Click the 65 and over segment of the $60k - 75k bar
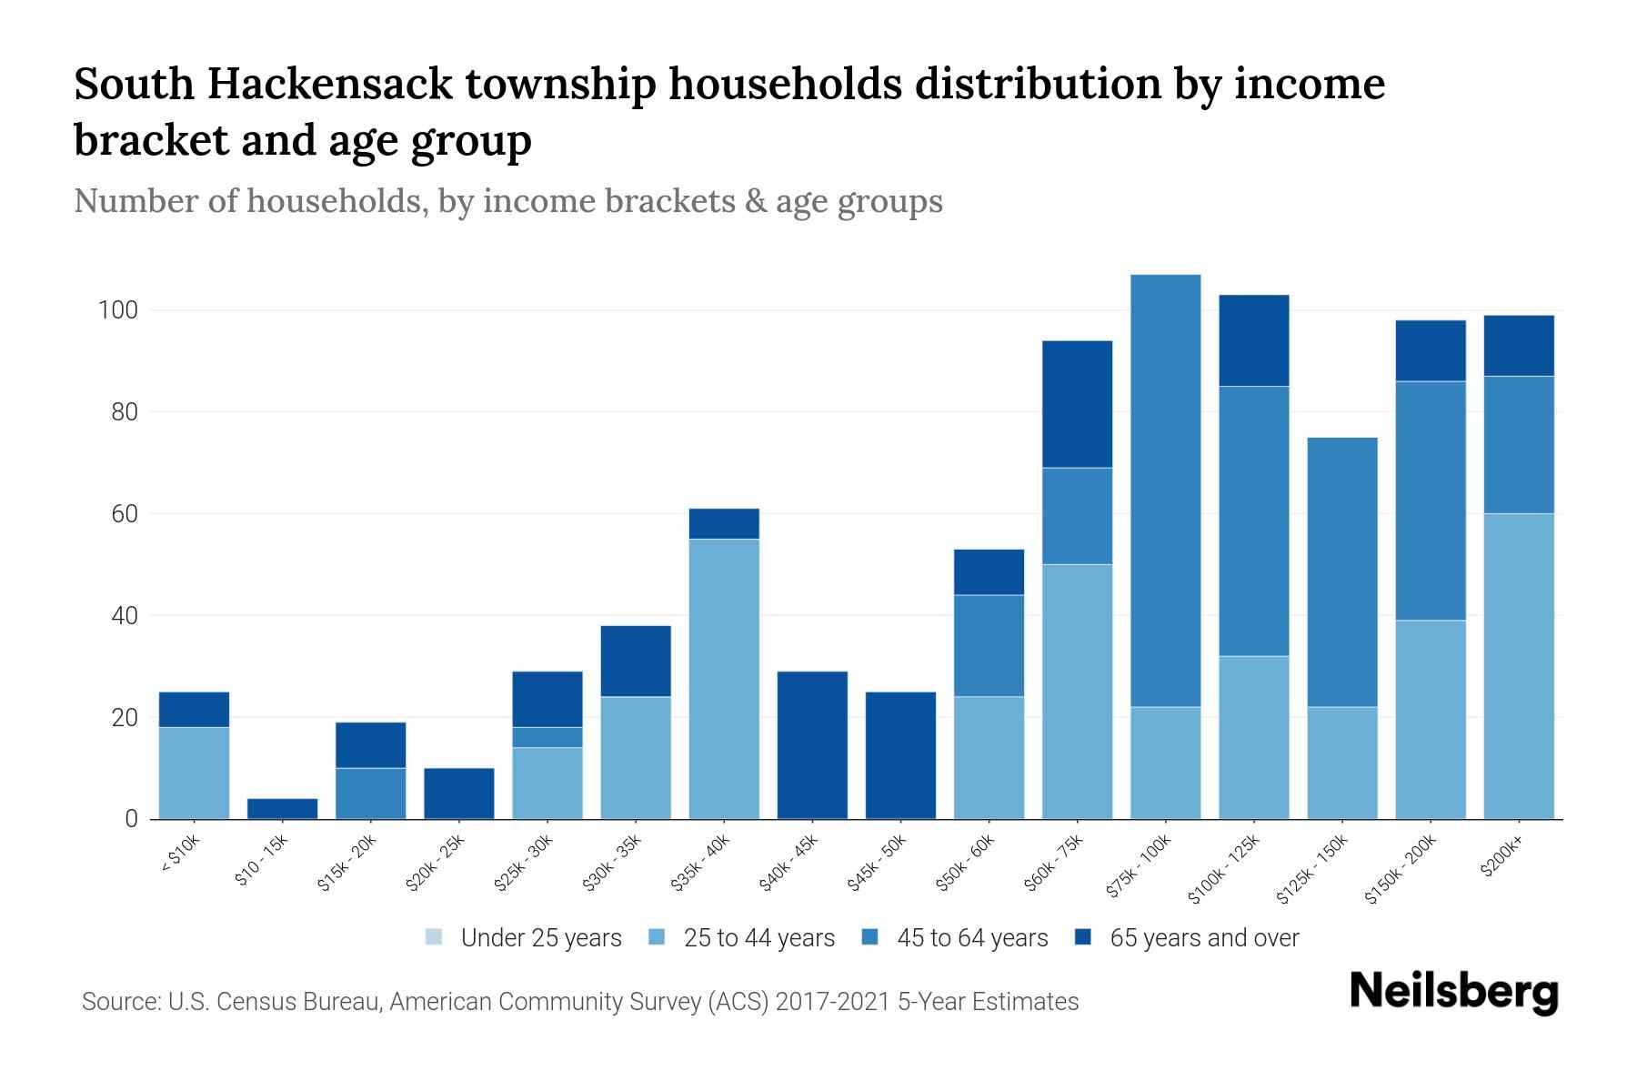tap(1077, 404)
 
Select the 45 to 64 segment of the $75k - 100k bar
tap(1165, 490)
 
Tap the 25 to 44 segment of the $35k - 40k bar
tap(724, 679)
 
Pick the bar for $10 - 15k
tap(282, 809)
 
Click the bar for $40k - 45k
tap(812, 745)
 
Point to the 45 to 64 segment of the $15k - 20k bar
tap(370, 794)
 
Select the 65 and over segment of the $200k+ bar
tap(1518, 346)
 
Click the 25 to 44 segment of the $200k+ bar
tap(1518, 666)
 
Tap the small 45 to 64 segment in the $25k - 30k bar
tap(547, 737)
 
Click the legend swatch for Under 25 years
tap(435, 937)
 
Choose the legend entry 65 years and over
tap(1203, 938)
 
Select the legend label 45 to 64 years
tap(972, 938)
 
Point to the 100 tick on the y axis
tap(117, 311)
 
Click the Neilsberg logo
tap(1453, 992)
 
